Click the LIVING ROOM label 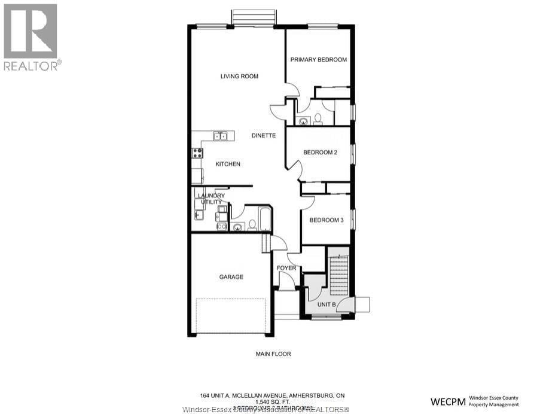239,76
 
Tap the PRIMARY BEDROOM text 318,60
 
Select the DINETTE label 263,136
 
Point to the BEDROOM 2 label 320,153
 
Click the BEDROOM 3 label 326,220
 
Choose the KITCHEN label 211,164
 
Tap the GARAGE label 231,277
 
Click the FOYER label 286,268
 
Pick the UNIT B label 326,305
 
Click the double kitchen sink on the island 221,136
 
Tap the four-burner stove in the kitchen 197,153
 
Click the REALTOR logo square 30,31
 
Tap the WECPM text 448,400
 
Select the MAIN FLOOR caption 273,354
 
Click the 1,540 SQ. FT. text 273,402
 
